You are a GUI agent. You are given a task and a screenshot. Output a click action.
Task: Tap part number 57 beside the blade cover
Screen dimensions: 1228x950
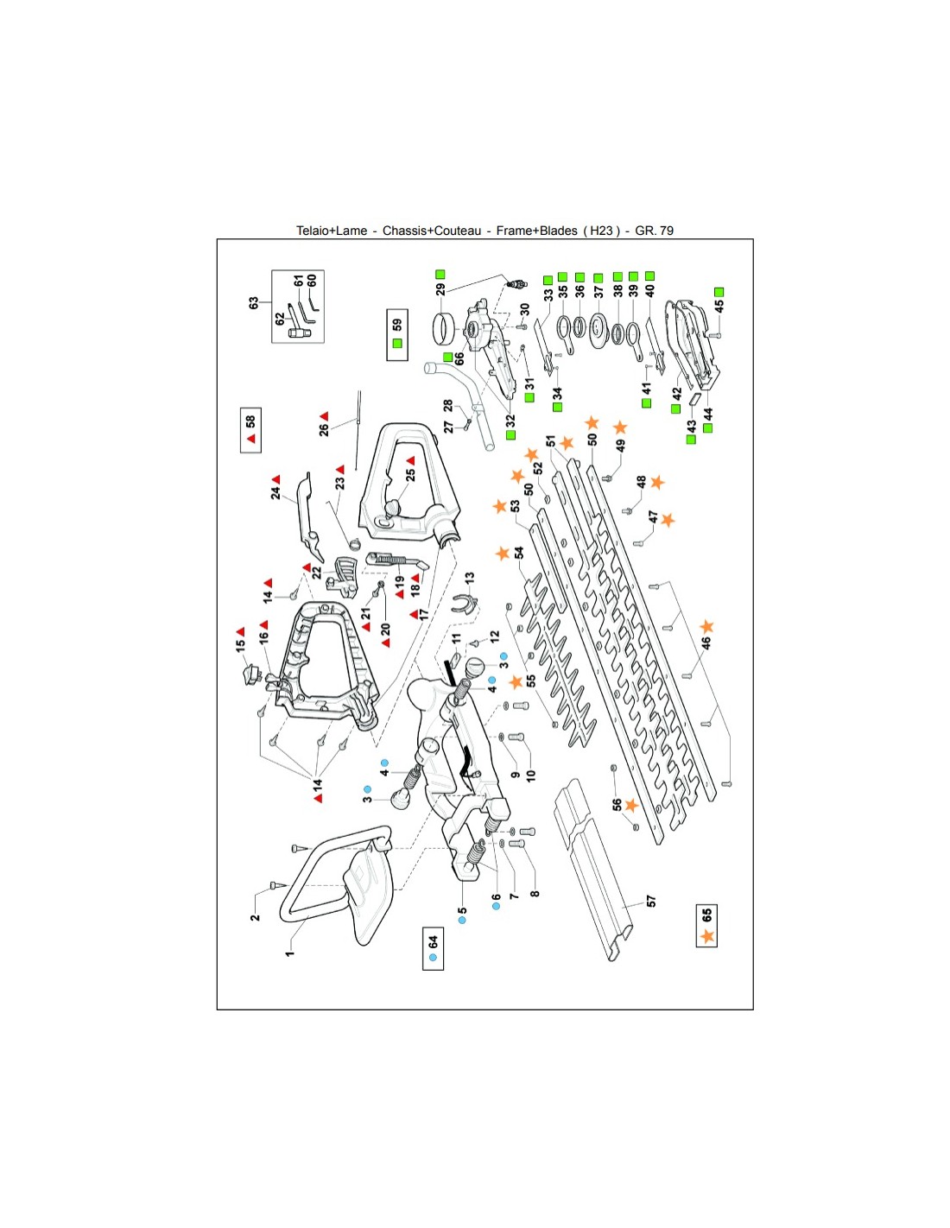coord(651,901)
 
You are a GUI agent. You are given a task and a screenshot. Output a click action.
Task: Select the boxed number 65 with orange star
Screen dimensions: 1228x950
coord(707,926)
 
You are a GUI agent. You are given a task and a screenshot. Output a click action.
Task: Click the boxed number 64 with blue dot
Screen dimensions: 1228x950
coord(434,948)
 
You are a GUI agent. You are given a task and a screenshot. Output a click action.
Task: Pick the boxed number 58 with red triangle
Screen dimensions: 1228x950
coord(250,429)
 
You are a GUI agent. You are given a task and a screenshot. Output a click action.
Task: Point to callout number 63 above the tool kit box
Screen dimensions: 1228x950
coord(254,303)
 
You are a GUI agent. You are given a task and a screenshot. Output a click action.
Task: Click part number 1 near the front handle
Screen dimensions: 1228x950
coord(290,952)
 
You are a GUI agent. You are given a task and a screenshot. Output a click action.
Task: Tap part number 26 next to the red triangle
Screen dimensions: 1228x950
coord(324,429)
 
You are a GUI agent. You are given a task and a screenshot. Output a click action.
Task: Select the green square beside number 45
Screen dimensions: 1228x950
coord(719,293)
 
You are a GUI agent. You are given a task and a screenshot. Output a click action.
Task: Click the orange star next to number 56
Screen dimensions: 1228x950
coord(631,805)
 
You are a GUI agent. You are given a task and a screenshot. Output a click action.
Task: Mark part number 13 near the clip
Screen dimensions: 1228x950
coord(470,577)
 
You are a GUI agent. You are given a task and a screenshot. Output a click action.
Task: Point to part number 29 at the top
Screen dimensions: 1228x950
coord(440,289)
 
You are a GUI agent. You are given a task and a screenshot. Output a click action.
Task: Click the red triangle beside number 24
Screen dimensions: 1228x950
coord(276,479)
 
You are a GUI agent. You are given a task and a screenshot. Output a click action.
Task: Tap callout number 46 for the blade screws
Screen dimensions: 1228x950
coord(706,643)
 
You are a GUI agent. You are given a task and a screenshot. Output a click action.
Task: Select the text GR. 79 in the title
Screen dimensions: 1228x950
coord(654,231)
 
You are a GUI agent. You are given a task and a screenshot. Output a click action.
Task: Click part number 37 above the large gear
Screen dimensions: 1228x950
coord(598,292)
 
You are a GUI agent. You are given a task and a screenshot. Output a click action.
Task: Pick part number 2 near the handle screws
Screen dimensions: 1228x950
coord(255,917)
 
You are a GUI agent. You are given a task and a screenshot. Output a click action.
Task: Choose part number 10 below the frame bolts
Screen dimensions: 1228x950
coord(530,775)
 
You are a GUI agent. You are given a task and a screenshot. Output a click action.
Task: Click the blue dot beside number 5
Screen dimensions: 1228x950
coord(462,921)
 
